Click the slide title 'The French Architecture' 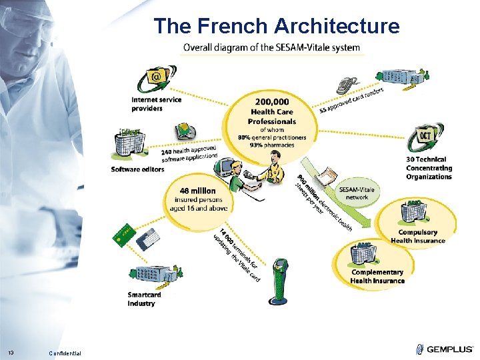(277, 26)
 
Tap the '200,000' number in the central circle (271, 101)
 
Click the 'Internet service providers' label (156, 104)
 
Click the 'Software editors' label (138, 169)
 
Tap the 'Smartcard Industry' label (144, 299)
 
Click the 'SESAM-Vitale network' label (357, 193)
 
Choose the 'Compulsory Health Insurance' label (418, 237)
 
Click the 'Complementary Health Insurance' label (377, 277)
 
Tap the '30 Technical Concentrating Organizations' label (429, 168)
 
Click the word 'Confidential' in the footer (65, 353)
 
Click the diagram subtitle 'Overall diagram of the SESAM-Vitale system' (271, 48)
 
